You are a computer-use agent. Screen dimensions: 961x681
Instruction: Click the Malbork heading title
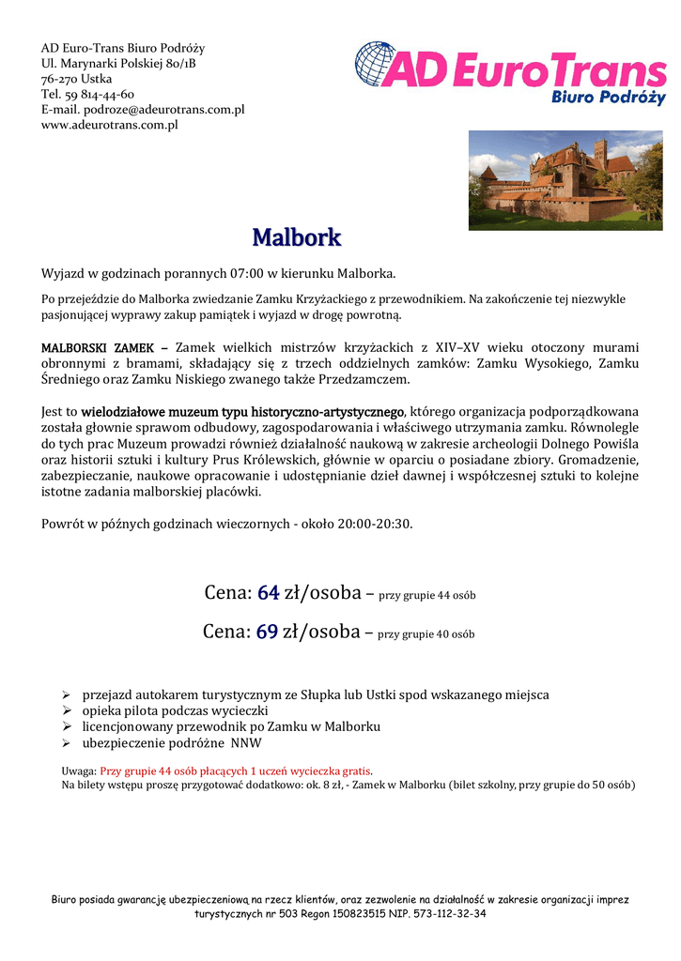pyautogui.click(x=296, y=237)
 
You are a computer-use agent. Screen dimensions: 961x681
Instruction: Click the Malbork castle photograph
pyautogui.click(x=565, y=180)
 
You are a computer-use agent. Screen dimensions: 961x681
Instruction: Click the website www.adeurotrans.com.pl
pyautogui.click(x=110, y=124)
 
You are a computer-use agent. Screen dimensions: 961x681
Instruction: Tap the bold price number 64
pyautogui.click(x=268, y=593)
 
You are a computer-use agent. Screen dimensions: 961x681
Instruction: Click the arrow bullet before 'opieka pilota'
pyautogui.click(x=67, y=711)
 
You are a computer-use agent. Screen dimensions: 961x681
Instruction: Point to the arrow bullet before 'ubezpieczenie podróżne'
pyautogui.click(x=67, y=743)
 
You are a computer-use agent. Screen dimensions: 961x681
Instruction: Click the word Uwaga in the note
pyautogui.click(x=78, y=770)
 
